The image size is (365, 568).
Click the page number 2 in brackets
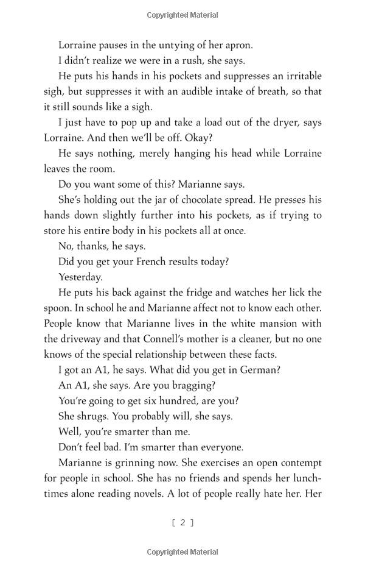coord(182,522)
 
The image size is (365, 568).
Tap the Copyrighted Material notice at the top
coord(182,13)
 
